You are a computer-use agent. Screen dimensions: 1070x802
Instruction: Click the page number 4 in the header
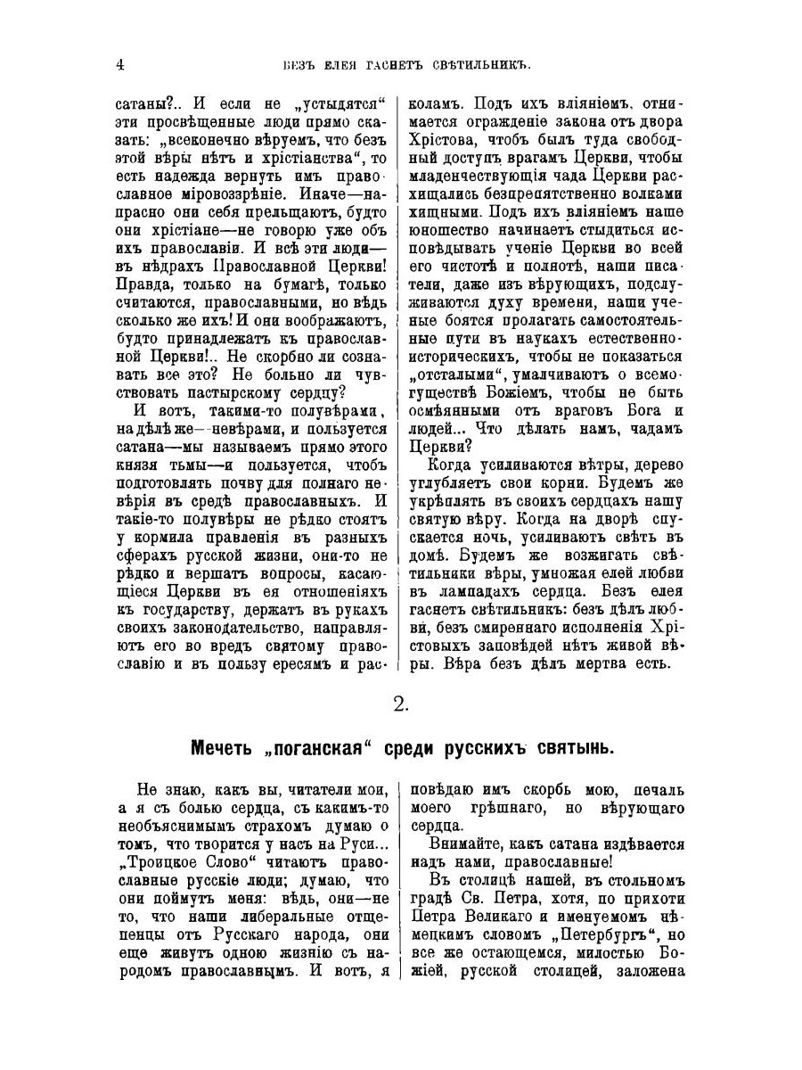click(x=119, y=64)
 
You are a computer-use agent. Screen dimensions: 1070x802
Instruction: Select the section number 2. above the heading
click(x=401, y=704)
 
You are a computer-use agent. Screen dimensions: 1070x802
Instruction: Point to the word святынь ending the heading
click(x=569, y=747)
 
